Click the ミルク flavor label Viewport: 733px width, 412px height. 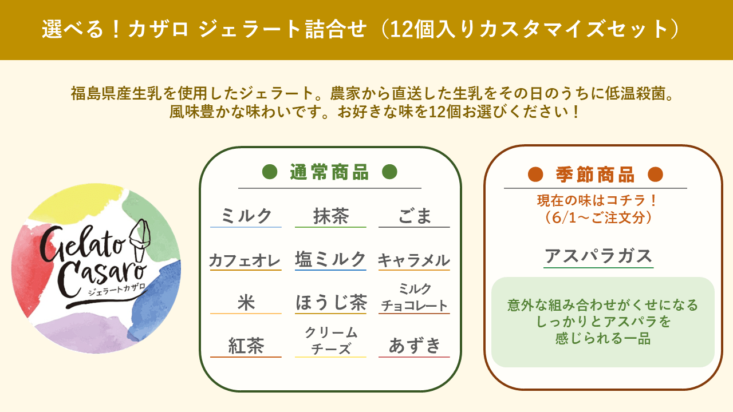click(246, 216)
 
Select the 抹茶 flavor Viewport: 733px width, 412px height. click(331, 216)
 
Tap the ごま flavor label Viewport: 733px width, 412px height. click(415, 216)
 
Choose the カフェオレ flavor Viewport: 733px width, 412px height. click(245, 260)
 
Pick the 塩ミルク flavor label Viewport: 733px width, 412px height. click(330, 259)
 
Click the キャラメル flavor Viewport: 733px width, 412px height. click(414, 260)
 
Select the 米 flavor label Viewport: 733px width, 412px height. click(246, 303)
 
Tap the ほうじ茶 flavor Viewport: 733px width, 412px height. click(331, 302)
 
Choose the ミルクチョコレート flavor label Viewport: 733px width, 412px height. click(415, 297)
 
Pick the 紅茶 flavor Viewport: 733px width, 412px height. click(246, 346)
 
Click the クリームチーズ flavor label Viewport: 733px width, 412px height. click(331, 340)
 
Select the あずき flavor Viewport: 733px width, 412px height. click(415, 346)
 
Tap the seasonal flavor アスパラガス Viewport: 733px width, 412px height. click(598, 256)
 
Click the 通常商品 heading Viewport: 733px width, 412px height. click(329, 172)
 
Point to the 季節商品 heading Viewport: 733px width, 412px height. click(595, 175)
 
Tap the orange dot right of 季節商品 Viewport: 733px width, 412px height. click(656, 175)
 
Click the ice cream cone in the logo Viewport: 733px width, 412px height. click(140, 240)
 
